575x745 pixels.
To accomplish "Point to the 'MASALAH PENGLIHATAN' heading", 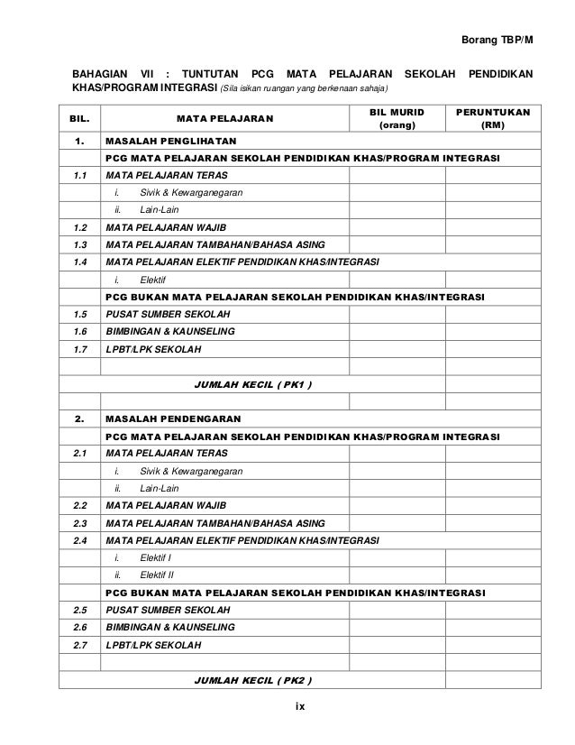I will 170,142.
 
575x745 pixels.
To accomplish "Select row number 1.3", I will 81,244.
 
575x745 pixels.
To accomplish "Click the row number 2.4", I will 81,539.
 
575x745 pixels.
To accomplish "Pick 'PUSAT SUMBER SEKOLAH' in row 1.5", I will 168,314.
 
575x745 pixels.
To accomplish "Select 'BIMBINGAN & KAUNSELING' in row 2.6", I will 171,627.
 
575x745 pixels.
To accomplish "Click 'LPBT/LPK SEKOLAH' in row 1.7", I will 154,348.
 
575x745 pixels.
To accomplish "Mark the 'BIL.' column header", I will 81,118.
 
